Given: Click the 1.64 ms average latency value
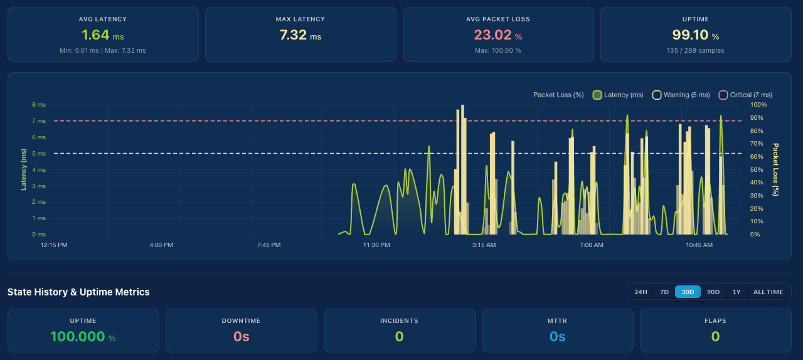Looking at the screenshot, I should coord(102,35).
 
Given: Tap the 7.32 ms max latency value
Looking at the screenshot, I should coord(300,35).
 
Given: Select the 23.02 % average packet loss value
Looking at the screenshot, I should coord(497,35).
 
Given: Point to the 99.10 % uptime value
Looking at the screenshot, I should coord(695,35).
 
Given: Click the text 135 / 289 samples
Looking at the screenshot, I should coord(695,51).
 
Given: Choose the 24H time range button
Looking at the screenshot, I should coord(641,292).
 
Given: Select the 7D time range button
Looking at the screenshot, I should coord(664,292).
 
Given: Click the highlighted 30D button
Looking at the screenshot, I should coord(688,292).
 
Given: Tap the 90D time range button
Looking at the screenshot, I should coord(713,292).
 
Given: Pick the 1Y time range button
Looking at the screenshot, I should coord(737,292).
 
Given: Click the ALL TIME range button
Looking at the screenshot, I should coord(768,292).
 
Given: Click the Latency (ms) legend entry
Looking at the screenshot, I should coord(618,95).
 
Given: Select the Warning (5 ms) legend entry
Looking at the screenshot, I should coord(681,95).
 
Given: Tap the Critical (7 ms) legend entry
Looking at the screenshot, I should coord(745,95).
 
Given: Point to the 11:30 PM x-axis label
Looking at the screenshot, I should coord(376,245).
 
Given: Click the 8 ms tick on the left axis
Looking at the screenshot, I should coord(38,105).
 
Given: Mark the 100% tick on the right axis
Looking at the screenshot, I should coord(758,105).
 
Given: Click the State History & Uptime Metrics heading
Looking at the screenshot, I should coord(78,292).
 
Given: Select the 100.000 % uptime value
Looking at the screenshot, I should coord(83,337).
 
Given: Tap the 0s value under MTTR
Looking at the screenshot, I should coord(557,337).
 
